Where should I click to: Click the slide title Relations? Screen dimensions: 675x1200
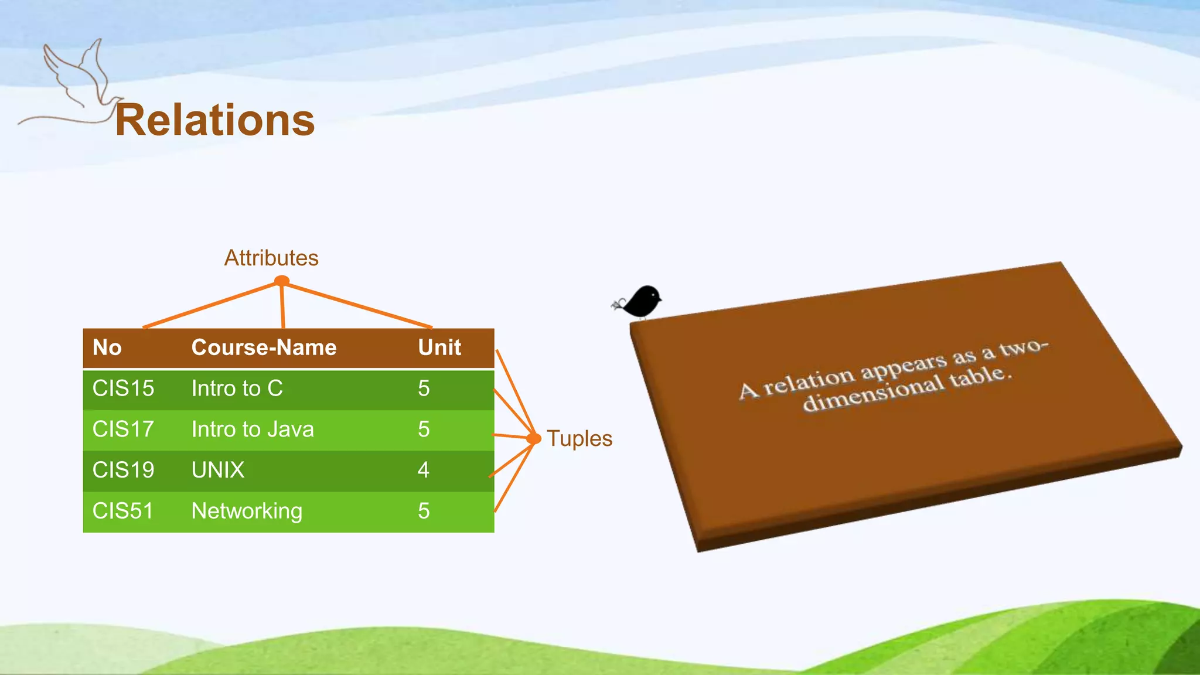(x=214, y=120)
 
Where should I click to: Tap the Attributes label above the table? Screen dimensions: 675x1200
(x=271, y=258)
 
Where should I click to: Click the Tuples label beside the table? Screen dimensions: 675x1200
(x=579, y=439)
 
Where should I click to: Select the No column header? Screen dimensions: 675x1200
(x=107, y=347)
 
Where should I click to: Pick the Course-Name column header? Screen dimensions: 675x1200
(x=264, y=347)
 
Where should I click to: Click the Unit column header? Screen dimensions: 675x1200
(x=439, y=347)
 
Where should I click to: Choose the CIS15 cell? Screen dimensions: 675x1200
(x=123, y=388)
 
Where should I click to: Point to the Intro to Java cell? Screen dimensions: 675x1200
(x=253, y=429)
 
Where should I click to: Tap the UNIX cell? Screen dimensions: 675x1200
(x=218, y=470)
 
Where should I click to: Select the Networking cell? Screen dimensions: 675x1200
(x=247, y=511)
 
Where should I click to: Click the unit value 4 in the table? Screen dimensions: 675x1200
(x=424, y=470)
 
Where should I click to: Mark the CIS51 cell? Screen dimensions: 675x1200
(x=123, y=511)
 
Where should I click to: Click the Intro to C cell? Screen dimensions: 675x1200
(x=237, y=388)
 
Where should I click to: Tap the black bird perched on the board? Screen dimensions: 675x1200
(x=642, y=301)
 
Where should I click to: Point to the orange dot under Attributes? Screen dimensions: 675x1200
(x=282, y=281)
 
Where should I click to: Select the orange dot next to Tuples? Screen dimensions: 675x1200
(x=533, y=438)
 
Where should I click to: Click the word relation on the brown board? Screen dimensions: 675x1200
(x=809, y=380)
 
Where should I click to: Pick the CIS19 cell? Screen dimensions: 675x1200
(x=123, y=470)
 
